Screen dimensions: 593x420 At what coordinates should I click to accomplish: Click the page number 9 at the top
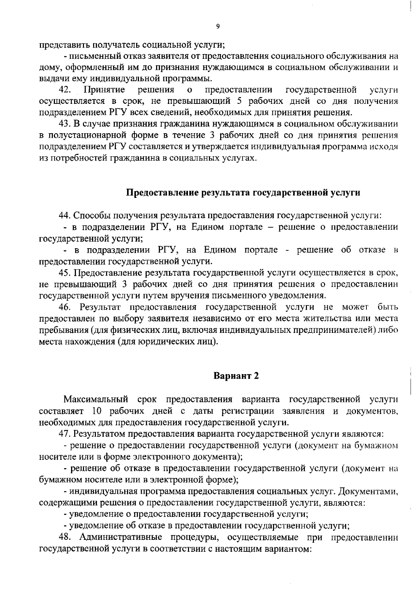click(218, 27)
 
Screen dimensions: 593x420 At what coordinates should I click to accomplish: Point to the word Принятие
click(104, 90)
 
